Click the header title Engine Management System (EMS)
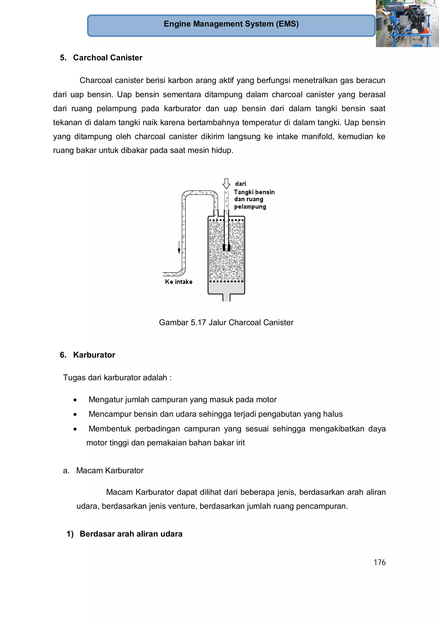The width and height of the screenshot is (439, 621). tap(231, 24)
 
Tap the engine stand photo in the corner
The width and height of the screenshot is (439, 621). tap(407, 24)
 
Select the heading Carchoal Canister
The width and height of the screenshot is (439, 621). tap(108, 58)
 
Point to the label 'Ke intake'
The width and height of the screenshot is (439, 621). tap(179, 282)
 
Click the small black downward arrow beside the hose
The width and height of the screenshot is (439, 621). tap(179, 248)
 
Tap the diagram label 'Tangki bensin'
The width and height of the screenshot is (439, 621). tap(254, 192)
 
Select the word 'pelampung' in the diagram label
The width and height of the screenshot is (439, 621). tap(250, 207)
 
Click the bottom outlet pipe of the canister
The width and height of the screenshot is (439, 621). tap(226, 297)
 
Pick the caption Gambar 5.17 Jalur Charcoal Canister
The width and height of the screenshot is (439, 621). tap(226, 322)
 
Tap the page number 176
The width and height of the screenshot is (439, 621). tap(379, 562)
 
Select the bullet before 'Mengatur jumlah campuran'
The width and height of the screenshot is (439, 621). tap(75, 400)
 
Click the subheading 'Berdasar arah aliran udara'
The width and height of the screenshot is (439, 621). tap(131, 534)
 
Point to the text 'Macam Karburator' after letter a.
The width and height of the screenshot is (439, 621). tap(110, 470)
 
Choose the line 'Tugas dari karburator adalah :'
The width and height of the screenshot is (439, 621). tap(117, 377)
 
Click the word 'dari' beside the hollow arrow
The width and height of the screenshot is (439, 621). tap(241, 184)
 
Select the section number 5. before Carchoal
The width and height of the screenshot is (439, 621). tap(63, 58)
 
